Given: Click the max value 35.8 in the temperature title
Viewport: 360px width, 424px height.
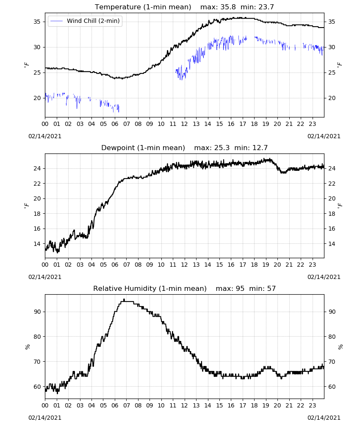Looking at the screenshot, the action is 228,7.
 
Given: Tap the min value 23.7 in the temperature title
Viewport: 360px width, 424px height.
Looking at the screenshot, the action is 266,7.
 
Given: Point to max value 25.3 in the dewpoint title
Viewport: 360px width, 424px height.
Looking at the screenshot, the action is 222,148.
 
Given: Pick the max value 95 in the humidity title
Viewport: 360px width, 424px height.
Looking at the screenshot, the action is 240,288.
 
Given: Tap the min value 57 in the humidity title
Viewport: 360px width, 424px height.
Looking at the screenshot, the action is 271,288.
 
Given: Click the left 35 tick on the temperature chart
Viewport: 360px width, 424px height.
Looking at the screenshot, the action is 37,22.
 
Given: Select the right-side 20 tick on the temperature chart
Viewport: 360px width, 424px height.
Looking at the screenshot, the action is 332,98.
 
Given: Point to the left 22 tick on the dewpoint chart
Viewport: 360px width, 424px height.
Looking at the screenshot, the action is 37,184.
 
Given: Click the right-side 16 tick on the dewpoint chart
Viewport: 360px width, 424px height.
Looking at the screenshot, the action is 332,229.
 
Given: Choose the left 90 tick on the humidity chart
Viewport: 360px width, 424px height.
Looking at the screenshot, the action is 37,312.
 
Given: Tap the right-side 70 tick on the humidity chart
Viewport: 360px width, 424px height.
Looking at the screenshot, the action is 332,362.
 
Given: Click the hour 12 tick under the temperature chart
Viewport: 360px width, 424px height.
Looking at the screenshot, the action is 185,124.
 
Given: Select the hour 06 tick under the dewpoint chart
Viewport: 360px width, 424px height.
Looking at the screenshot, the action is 115,265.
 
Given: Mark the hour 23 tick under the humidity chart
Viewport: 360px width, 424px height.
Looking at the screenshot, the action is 313,406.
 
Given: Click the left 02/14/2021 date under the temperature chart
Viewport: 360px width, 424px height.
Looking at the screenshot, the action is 45,136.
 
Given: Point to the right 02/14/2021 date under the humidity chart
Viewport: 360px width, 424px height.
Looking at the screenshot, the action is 324,418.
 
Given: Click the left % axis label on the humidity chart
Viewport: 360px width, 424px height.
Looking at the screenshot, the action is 27,347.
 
